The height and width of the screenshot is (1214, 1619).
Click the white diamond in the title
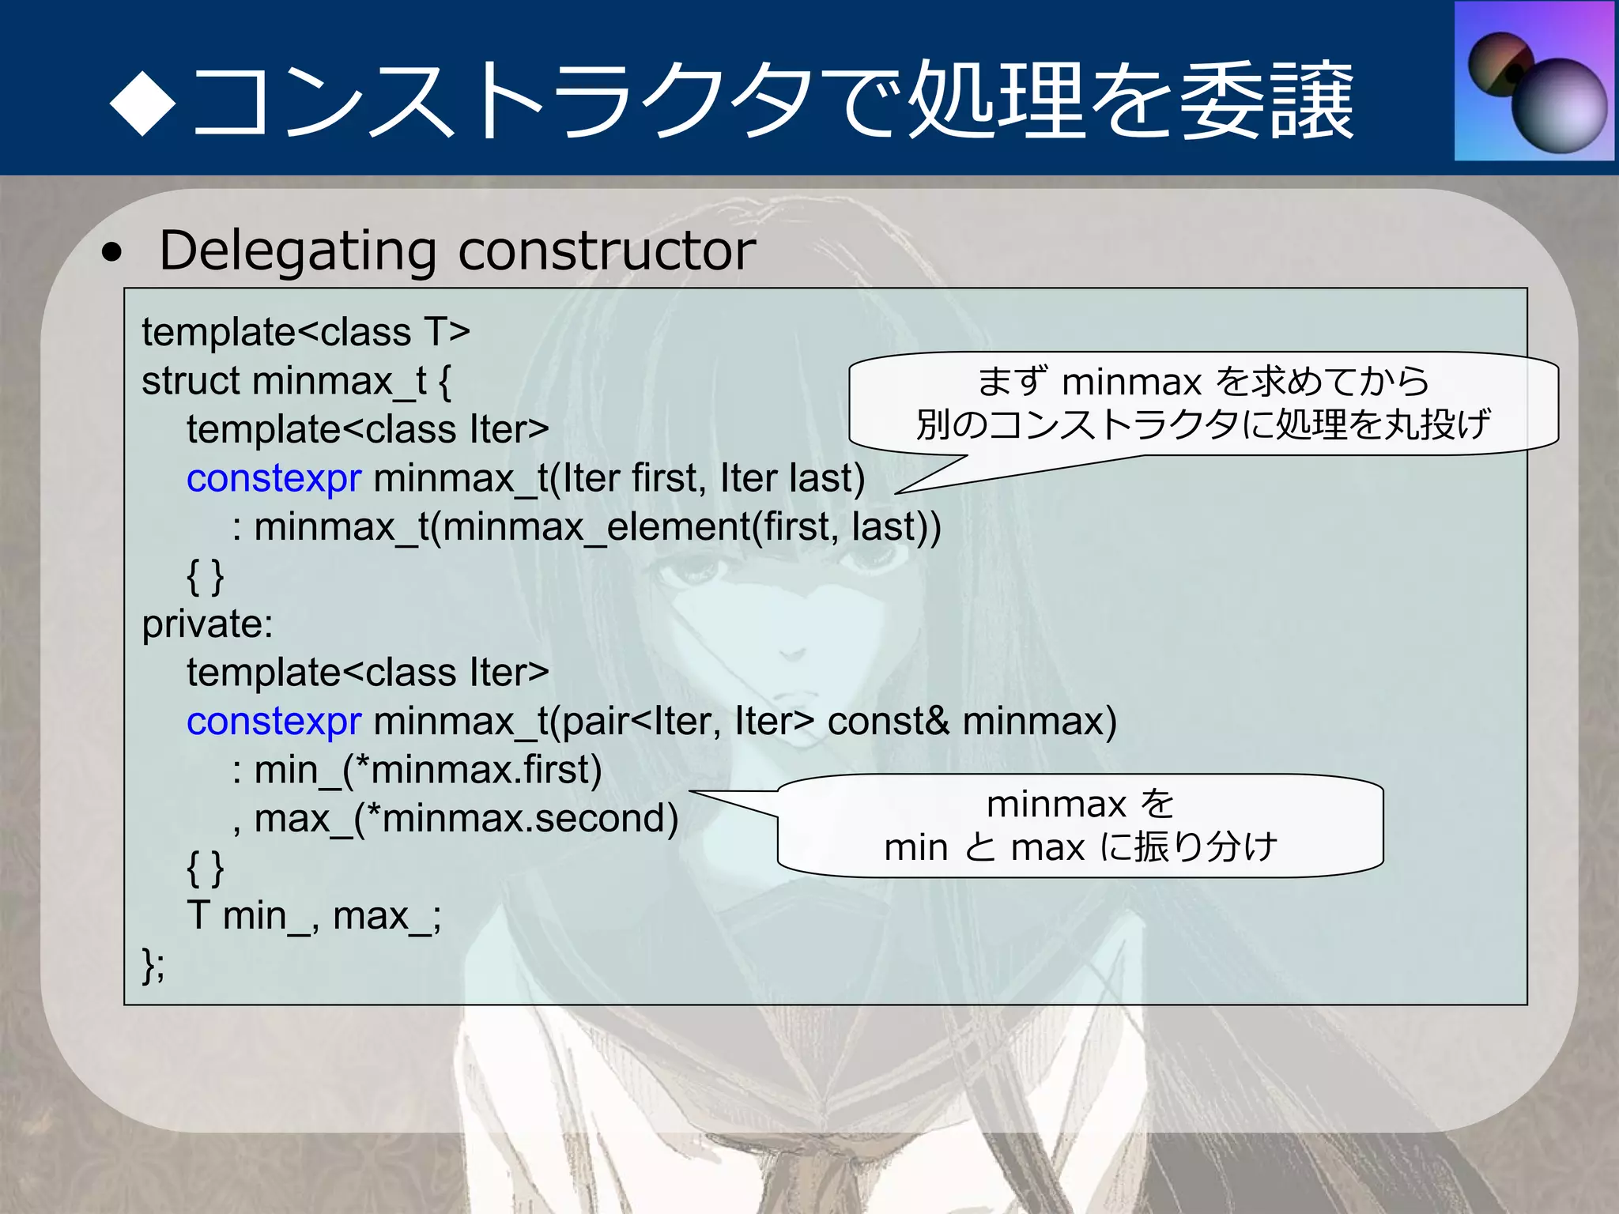coord(143,103)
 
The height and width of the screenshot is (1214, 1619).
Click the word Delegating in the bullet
coord(297,251)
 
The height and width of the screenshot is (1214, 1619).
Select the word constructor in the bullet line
coord(606,251)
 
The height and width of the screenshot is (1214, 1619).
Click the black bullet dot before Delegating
coord(113,253)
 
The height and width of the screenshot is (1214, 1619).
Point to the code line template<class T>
coord(306,332)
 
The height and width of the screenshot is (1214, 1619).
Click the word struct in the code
coord(190,381)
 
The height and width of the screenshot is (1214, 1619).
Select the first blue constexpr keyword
coord(274,478)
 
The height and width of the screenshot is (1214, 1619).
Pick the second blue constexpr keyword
coord(274,721)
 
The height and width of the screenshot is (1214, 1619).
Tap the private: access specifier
coord(207,624)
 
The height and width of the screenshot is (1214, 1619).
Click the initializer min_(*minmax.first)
coord(428,770)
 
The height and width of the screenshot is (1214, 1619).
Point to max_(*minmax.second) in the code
coord(466,819)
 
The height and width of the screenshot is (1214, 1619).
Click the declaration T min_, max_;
coord(314,916)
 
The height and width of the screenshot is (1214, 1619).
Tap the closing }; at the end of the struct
coord(153,964)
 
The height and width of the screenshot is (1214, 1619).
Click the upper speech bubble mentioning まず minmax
coord(1203,403)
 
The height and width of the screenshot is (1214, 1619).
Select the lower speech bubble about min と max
coord(1080,826)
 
